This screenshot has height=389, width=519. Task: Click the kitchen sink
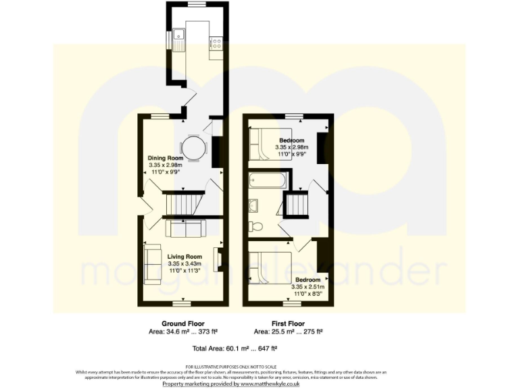178,39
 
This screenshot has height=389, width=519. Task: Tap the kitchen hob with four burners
217,43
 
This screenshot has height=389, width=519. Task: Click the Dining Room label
166,158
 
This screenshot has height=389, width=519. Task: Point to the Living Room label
184,257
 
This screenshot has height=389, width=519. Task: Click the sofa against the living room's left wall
152,263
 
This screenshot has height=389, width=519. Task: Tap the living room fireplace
217,259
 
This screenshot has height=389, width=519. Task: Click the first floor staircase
295,205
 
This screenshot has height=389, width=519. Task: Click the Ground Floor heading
182,323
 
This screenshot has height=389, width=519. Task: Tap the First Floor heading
287,323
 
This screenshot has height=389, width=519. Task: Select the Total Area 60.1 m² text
235,348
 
